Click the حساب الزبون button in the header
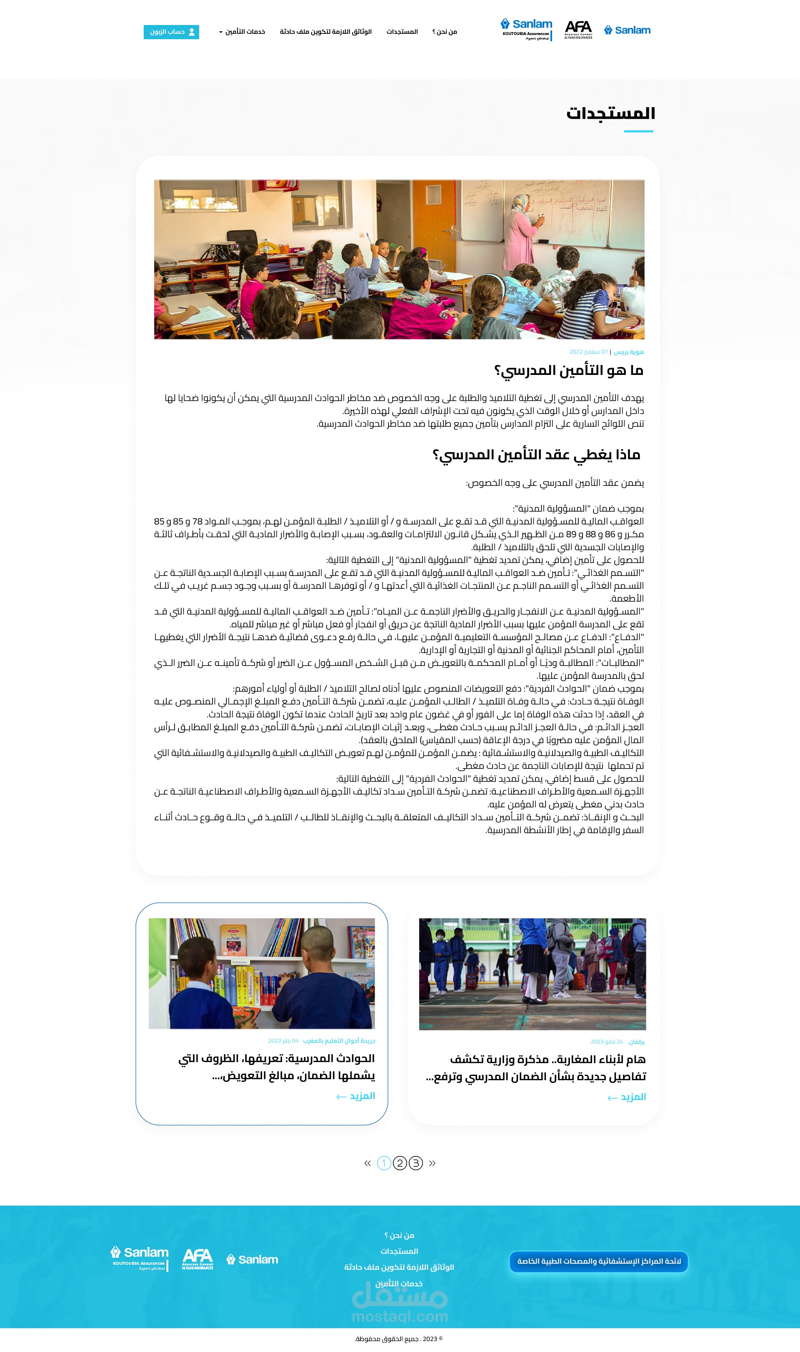(171, 32)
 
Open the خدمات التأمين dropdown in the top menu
(242, 32)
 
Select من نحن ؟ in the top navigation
(445, 32)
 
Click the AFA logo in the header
(578, 30)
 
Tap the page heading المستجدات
(610, 113)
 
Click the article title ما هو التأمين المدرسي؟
(569, 371)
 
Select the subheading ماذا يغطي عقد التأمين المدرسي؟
(536, 455)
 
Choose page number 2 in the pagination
(400, 1163)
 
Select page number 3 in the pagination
(416, 1163)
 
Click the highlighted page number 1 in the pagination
(383, 1163)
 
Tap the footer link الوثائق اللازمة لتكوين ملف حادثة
(399, 1267)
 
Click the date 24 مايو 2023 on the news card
(607, 1042)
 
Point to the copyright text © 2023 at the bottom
(398, 1339)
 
